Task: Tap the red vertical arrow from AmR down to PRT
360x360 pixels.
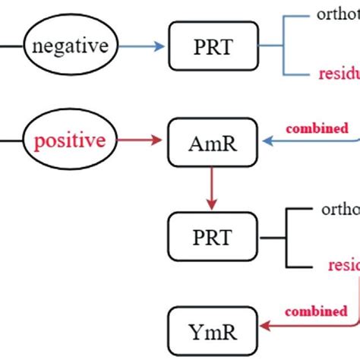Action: click(212, 187)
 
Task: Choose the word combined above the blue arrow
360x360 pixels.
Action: click(317, 128)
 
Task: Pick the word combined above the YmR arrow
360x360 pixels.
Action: click(317, 311)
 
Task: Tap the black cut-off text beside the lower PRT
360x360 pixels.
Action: click(340, 208)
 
